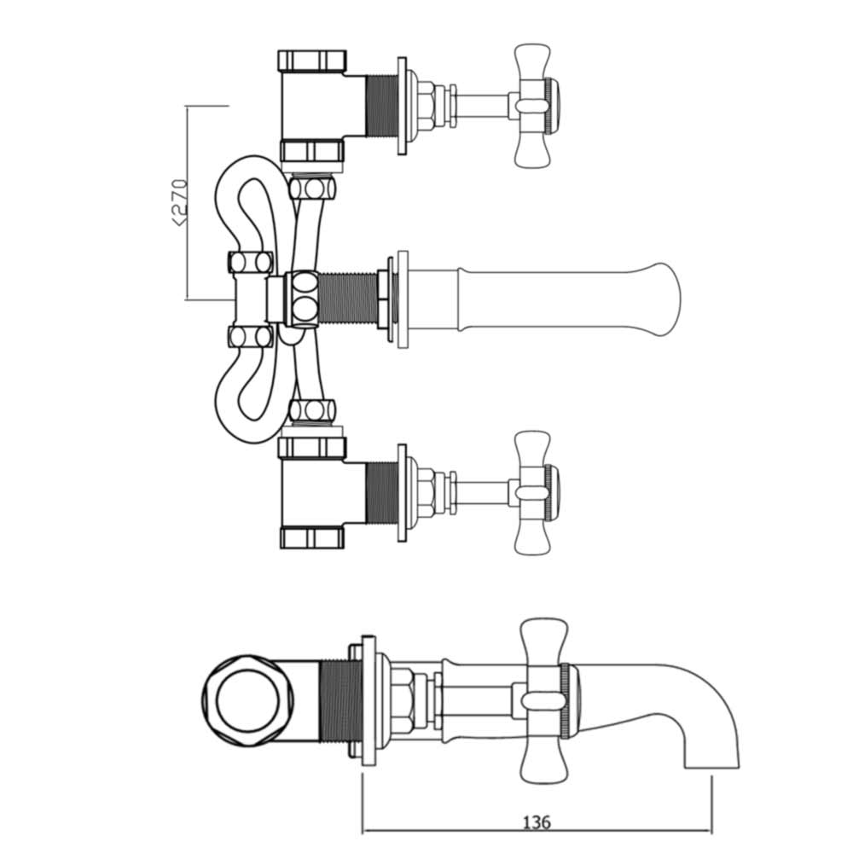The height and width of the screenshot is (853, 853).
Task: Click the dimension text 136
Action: pyautogui.click(x=536, y=822)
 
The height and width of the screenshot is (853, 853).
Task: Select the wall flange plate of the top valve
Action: pyautogui.click(x=402, y=106)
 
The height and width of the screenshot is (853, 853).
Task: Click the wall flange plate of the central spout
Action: pyautogui.click(x=402, y=299)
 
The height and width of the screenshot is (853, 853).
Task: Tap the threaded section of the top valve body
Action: pyautogui.click(x=380, y=106)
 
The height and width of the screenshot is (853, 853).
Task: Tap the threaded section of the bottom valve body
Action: pyautogui.click(x=380, y=492)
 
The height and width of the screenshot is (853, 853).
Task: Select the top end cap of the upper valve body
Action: pyautogui.click(x=311, y=61)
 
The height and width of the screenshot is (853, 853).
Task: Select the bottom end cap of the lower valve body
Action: pyautogui.click(x=311, y=538)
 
